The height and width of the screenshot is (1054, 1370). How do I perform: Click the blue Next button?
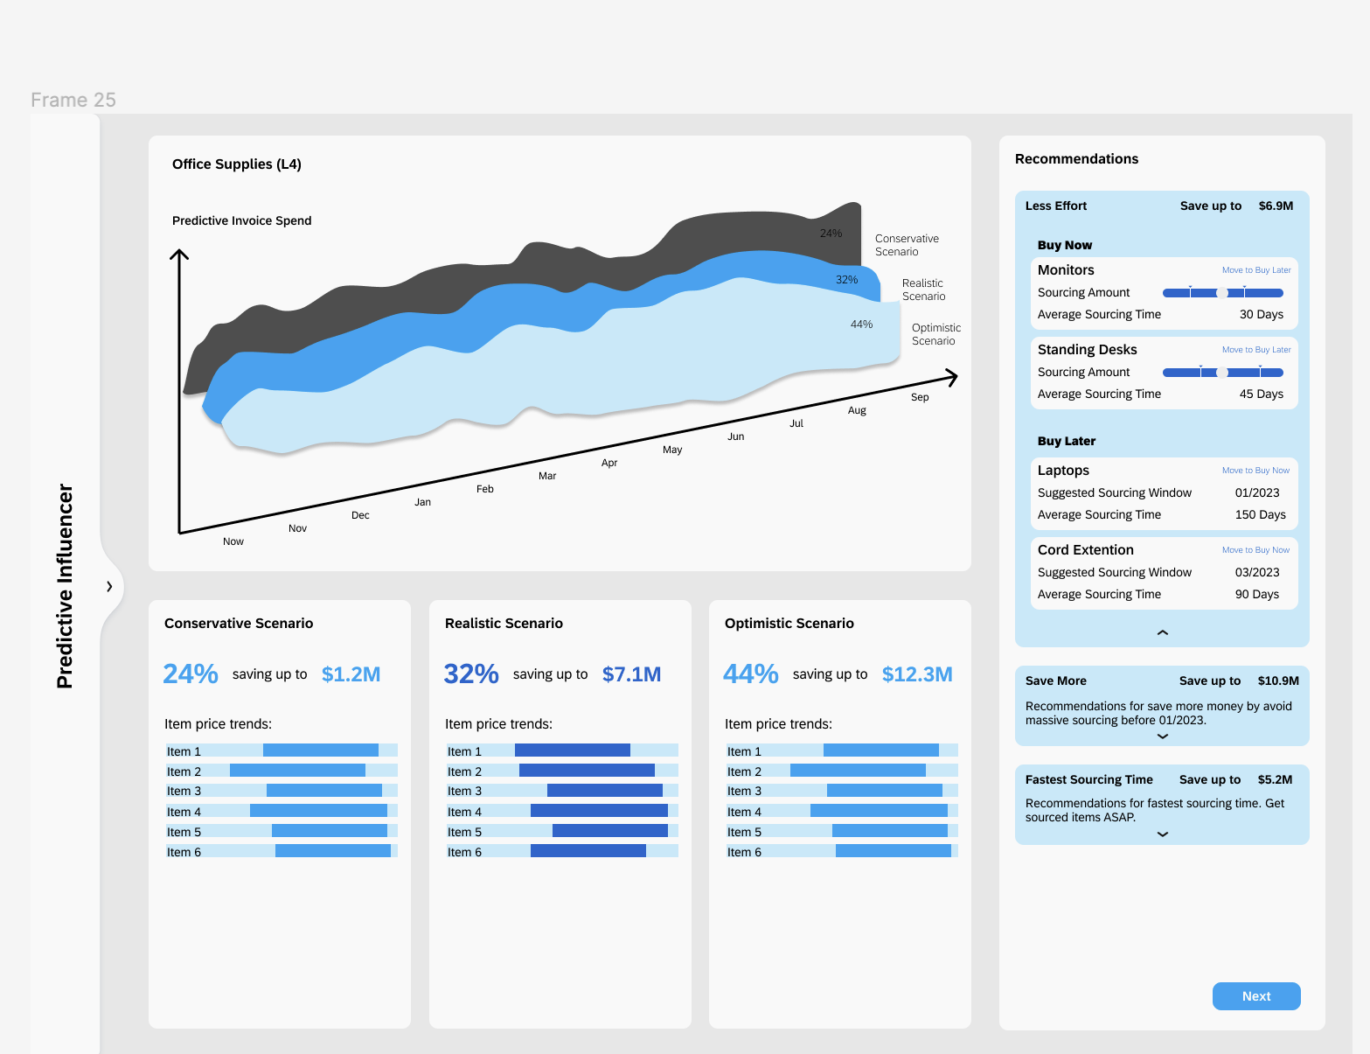[1255, 996]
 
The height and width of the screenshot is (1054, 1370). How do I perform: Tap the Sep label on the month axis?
[920, 397]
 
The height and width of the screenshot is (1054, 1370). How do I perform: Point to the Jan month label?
[422, 502]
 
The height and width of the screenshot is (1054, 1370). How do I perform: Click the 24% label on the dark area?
[831, 234]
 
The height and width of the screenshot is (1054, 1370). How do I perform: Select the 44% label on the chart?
[861, 325]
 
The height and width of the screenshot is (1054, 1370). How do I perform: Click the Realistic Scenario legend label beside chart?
[923, 290]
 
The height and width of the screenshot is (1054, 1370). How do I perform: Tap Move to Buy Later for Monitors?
[1255, 270]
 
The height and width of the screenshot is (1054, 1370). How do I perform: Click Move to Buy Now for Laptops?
[1255, 471]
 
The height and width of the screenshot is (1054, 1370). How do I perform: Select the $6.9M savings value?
[1276, 206]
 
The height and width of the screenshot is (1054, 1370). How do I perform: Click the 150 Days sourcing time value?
[1260, 515]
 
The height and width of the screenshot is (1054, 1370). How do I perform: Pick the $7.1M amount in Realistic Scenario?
[631, 674]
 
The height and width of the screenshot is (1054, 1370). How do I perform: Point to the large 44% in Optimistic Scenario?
[750, 674]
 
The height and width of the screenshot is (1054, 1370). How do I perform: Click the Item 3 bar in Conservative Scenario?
[323, 791]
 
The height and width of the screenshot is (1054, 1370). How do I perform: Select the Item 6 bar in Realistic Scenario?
[588, 851]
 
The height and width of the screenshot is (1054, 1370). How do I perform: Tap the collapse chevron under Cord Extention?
[1162, 632]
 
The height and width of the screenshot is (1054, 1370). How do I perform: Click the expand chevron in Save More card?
[1162, 736]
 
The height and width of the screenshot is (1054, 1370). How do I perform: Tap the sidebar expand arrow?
[109, 587]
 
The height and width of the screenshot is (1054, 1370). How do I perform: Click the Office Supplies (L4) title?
[237, 164]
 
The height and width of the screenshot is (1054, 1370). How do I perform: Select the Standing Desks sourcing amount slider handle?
[1222, 373]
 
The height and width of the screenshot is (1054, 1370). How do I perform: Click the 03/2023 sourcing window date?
[1256, 573]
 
